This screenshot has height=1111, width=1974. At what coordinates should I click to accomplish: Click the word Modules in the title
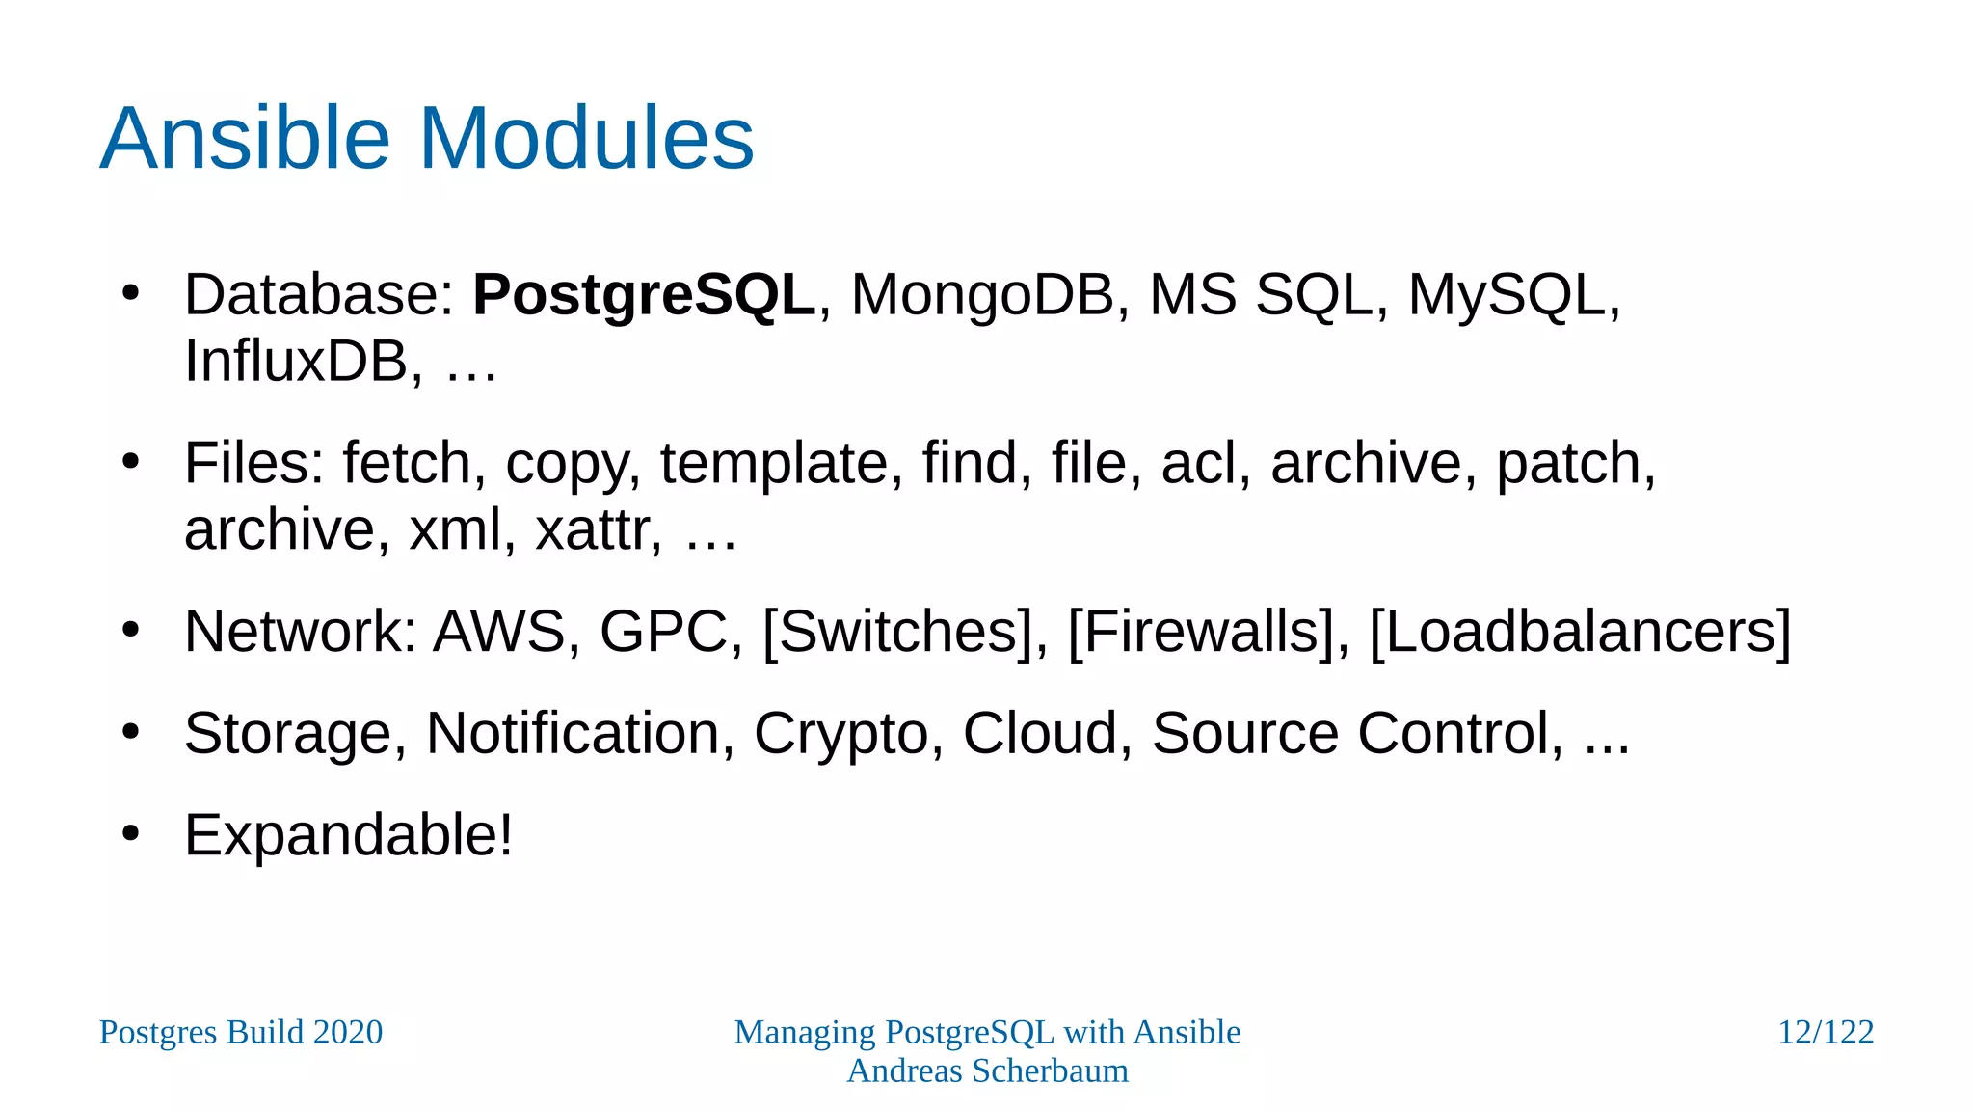click(x=586, y=139)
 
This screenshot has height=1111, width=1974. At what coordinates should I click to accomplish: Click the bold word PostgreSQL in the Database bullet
click(x=644, y=295)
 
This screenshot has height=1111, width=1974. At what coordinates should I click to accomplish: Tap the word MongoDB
click(x=981, y=295)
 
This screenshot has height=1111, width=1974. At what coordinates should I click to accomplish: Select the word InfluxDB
click(x=296, y=362)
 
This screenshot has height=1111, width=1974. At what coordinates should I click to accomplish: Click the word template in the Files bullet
click(x=772, y=463)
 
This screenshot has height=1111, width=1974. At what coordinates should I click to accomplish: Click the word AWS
click(x=499, y=632)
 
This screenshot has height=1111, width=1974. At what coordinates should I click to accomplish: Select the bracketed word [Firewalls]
click(x=1201, y=632)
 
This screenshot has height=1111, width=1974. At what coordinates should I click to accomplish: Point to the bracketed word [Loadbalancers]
click(x=1580, y=632)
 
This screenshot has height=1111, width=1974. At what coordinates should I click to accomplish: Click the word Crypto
click(x=840, y=733)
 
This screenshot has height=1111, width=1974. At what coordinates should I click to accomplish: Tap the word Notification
click(x=573, y=733)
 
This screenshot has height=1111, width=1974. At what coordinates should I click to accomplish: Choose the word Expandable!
click(x=348, y=835)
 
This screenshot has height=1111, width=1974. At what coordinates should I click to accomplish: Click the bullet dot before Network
click(x=131, y=630)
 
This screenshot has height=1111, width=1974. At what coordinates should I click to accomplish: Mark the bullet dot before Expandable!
click(x=131, y=833)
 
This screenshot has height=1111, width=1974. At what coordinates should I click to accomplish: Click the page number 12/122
click(x=1825, y=1032)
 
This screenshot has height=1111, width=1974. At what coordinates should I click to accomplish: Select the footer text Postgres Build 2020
click(x=241, y=1032)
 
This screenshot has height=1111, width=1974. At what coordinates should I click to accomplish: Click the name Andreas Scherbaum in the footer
click(x=987, y=1070)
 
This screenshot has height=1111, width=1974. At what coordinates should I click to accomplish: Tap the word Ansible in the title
click(x=244, y=139)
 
